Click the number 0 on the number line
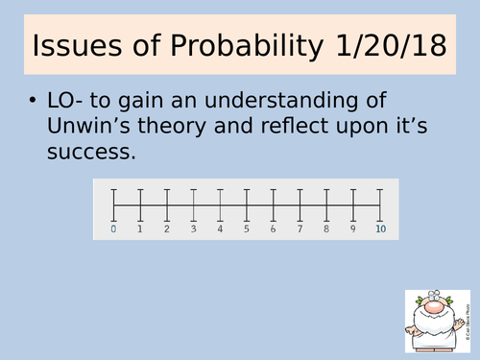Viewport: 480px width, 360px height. (x=113, y=228)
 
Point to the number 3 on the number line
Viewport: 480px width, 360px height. (x=193, y=228)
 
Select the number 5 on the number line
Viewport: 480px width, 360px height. (x=247, y=228)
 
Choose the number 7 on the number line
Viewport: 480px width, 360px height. (x=300, y=228)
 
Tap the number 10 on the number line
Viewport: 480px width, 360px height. (x=380, y=228)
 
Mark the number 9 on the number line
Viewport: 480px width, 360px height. (x=353, y=228)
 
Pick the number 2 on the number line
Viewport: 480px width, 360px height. (x=167, y=228)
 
